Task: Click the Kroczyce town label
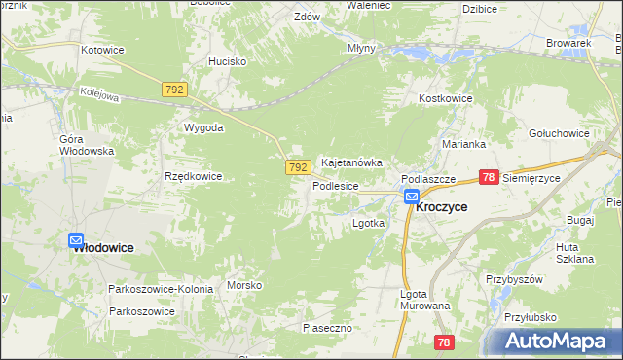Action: coord(441,207)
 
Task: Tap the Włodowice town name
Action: coord(103,248)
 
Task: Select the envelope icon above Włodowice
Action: coord(77,239)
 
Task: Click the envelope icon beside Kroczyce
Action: coord(412,198)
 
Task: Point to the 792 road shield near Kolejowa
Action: coord(174,90)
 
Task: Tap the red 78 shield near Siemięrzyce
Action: coord(491,177)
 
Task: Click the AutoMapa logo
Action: coord(553,342)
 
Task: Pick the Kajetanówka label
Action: coord(351,162)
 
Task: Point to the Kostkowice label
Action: coord(445,99)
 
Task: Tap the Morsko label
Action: coord(244,285)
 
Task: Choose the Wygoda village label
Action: coord(204,127)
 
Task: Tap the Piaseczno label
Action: coord(326,328)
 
